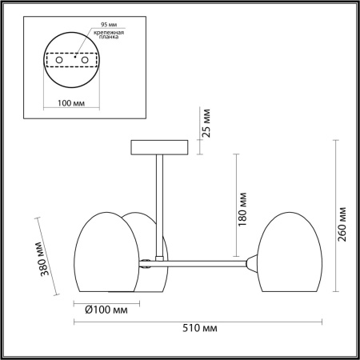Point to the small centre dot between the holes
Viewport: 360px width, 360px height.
(x=73, y=58)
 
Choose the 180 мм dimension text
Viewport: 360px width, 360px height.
(x=242, y=210)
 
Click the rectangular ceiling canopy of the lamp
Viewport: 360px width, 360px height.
(x=161, y=146)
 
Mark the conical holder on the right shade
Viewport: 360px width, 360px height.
(x=252, y=262)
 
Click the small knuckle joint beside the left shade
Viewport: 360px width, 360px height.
(x=146, y=261)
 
